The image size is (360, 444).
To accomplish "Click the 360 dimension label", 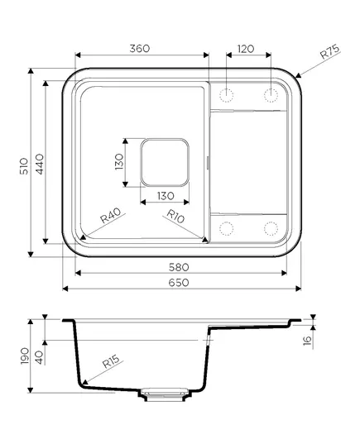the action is (x=140, y=49).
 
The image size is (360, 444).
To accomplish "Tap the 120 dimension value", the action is (x=246, y=49).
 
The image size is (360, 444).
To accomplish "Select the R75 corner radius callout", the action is (x=329, y=52).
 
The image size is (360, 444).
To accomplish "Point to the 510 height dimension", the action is (x=24, y=166).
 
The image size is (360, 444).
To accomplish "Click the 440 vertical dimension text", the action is (x=39, y=164).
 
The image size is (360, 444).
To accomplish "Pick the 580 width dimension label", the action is (x=179, y=267).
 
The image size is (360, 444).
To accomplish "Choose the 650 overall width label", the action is (x=179, y=283).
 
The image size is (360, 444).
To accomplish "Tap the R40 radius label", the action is (x=111, y=215).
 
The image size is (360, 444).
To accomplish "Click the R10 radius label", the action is (x=175, y=216).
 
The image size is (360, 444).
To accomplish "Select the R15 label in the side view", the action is (x=111, y=362).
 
